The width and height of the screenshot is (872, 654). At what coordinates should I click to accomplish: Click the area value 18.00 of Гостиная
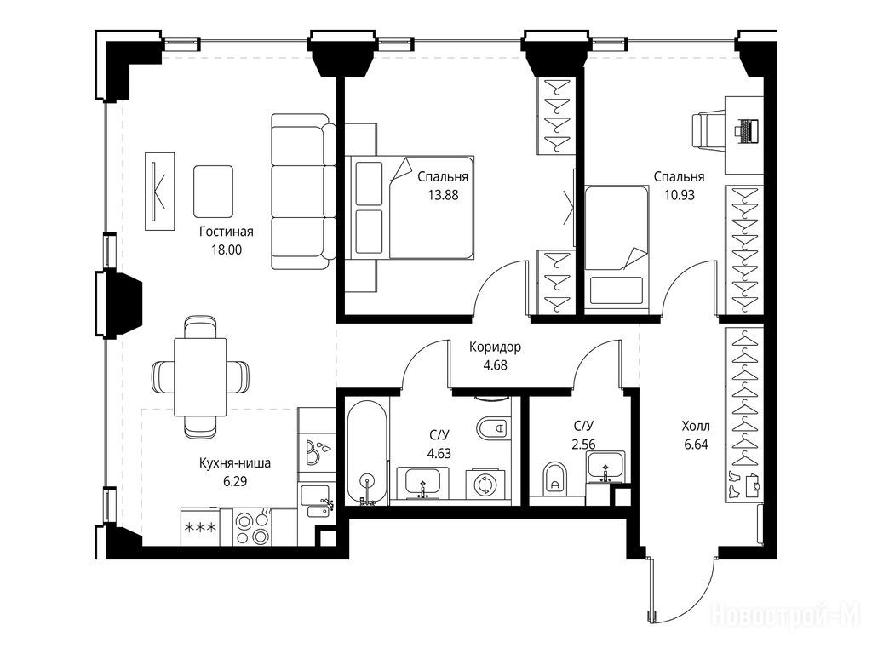(x=226, y=250)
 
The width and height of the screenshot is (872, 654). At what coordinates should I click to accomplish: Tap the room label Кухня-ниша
(x=235, y=462)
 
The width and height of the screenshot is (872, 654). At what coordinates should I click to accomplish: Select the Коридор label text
(x=495, y=347)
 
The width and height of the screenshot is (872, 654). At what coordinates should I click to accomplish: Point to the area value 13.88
(x=443, y=195)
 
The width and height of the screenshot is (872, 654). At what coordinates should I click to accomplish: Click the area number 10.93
(x=679, y=195)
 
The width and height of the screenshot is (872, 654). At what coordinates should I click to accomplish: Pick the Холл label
(x=696, y=427)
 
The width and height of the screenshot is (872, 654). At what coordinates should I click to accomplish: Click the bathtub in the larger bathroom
(x=366, y=451)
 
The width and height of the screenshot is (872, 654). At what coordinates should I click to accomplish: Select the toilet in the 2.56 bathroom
(x=554, y=478)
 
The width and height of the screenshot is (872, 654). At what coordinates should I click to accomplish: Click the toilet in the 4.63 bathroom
(x=493, y=427)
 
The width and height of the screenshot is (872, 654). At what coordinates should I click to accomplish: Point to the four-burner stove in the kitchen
(x=252, y=527)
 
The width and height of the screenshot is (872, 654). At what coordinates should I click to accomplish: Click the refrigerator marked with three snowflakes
(x=200, y=526)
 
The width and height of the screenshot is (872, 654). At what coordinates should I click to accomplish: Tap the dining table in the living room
(x=200, y=376)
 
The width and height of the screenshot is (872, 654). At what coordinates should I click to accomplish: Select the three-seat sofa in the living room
(x=304, y=192)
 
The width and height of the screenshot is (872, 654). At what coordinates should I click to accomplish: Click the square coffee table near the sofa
(x=213, y=192)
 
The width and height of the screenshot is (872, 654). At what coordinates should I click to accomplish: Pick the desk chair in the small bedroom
(x=708, y=130)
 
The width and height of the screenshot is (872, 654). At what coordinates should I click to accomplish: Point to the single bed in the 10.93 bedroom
(x=617, y=246)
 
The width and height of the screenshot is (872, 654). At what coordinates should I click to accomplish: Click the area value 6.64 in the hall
(x=696, y=445)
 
